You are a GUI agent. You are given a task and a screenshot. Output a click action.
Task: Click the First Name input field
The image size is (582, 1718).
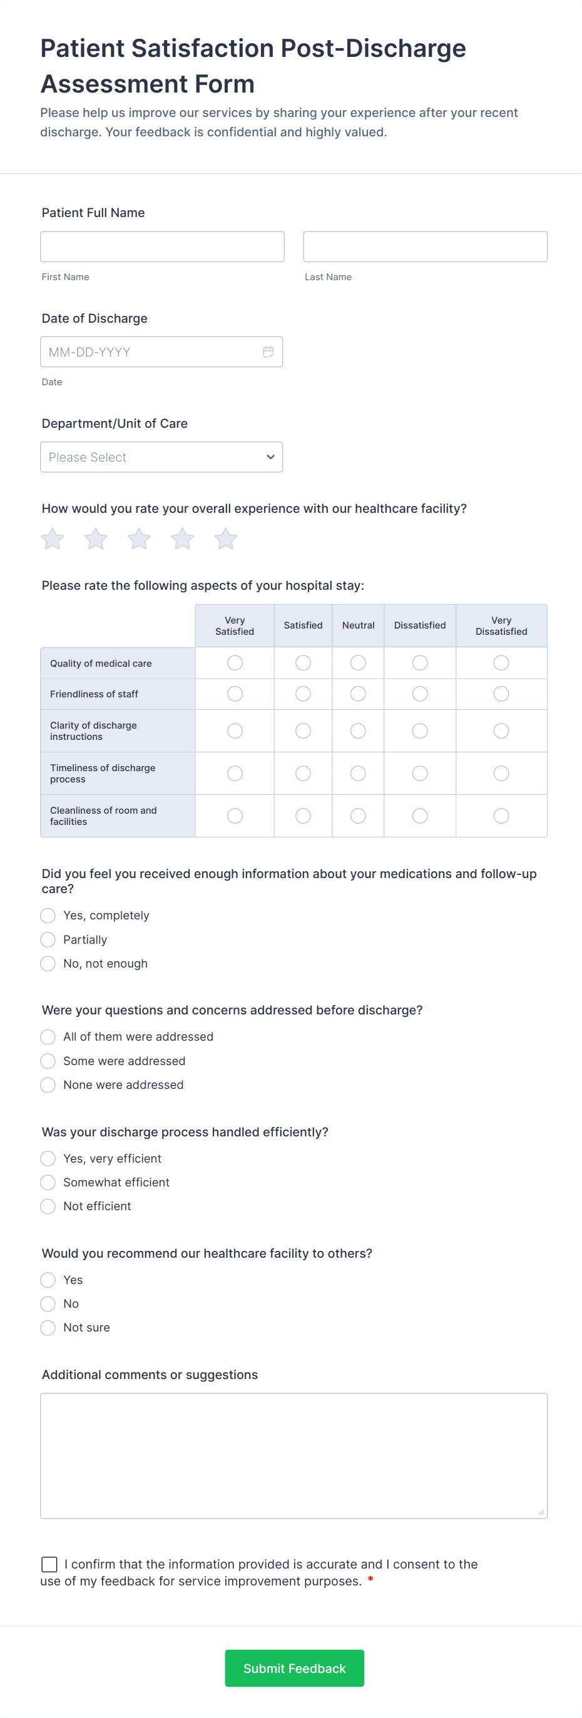162,247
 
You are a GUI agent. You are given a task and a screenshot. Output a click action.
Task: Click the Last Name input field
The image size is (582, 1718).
425,247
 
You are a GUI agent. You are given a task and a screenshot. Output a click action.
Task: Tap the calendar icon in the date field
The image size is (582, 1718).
268,352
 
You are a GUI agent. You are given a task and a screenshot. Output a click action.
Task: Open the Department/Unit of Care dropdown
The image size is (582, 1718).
161,457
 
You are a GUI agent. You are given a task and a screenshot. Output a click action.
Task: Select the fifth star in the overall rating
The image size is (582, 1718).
225,539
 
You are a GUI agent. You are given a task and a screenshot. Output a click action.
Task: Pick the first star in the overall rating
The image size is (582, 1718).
53,539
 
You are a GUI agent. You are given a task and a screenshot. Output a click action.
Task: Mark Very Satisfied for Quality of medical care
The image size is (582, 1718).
235,663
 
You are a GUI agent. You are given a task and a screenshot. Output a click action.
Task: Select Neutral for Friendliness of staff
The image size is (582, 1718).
359,694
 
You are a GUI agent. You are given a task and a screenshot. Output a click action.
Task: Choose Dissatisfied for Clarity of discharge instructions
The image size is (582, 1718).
420,731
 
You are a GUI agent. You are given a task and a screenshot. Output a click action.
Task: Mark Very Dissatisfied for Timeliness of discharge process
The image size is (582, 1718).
501,774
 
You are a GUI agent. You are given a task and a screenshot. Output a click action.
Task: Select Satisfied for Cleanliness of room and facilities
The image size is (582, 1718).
303,816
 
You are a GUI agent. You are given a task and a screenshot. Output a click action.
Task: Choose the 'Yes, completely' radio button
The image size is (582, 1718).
48,916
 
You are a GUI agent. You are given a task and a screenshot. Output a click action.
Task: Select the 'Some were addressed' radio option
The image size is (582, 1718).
48,1061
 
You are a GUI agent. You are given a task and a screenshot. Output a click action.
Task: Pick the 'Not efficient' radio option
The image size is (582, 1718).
48,1206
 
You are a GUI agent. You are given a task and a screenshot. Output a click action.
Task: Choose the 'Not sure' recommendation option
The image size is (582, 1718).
48,1328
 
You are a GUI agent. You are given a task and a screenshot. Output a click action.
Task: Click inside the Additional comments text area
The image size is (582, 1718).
294,1456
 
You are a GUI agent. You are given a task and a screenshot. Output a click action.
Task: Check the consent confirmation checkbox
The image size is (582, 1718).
49,1565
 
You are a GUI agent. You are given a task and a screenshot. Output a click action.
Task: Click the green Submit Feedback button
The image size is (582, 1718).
294,1669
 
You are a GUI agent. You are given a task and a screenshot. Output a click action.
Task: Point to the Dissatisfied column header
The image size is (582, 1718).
420,625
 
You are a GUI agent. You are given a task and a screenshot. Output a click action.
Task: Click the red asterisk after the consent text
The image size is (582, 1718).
370,1580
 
